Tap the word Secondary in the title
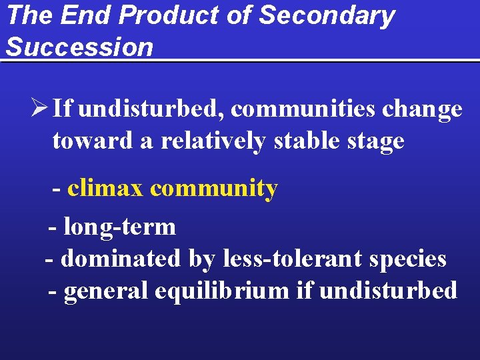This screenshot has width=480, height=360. (x=327, y=16)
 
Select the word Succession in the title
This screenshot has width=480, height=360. (x=79, y=47)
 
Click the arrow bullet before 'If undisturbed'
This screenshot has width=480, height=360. (x=40, y=108)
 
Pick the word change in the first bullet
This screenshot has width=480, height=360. (x=423, y=109)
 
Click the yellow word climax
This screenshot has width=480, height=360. (x=105, y=189)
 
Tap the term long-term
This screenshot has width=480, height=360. (x=119, y=227)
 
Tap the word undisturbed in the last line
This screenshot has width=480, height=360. (x=389, y=291)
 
